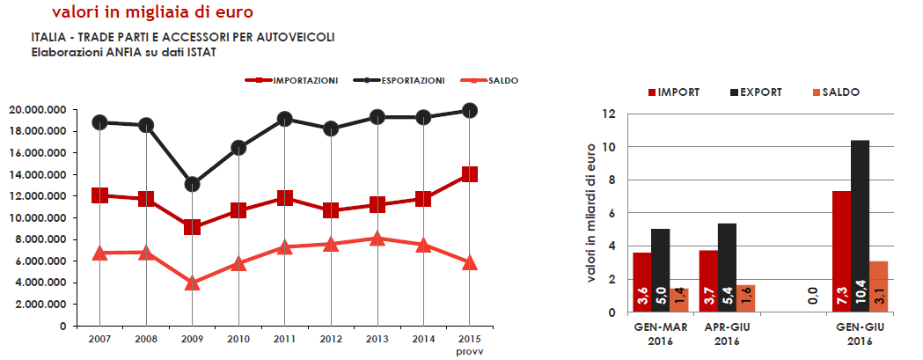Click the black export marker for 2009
[x=192, y=184]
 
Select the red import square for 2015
[x=469, y=174]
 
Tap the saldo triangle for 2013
[x=377, y=238]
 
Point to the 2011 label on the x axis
[x=284, y=339]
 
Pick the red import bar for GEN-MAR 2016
[x=642, y=282]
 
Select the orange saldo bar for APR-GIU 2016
[x=745, y=298]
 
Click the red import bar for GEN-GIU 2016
[x=842, y=251]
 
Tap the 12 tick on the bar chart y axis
[x=608, y=114]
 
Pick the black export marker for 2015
[x=469, y=110]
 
